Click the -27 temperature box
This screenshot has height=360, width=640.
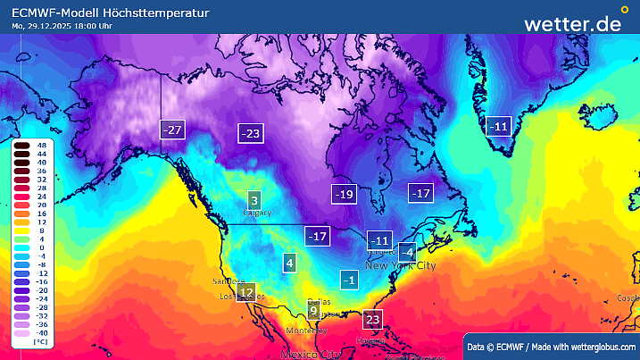click(x=171, y=130)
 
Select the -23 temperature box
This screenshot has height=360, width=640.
click(x=251, y=134)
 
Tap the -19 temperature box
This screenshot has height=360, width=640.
click(x=344, y=194)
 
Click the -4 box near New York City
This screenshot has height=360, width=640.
click(x=407, y=252)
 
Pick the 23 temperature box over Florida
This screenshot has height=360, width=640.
click(x=373, y=320)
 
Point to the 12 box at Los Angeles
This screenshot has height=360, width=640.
click(x=246, y=292)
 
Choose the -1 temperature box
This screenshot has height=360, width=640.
click(x=351, y=280)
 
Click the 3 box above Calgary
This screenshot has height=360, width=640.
click(x=254, y=200)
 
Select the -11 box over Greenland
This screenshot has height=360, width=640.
click(x=497, y=127)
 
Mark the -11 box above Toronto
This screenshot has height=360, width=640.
click(x=379, y=240)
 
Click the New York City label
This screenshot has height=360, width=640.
click(x=401, y=266)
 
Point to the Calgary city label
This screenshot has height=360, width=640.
click(x=257, y=213)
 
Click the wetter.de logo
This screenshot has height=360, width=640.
click(x=572, y=23)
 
